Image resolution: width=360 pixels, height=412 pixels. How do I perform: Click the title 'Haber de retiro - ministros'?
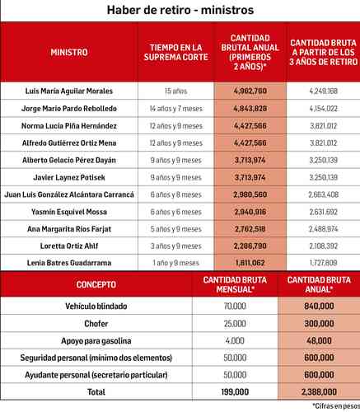point(180,11)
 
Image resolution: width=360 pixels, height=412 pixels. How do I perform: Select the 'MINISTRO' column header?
point(69,52)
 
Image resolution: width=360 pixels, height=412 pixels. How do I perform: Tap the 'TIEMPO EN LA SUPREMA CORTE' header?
point(172,52)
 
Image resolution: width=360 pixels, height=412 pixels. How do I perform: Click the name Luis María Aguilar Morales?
point(69,91)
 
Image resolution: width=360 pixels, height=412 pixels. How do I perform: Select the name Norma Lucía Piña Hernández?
point(69,125)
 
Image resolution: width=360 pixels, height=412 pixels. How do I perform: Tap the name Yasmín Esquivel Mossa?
point(69,212)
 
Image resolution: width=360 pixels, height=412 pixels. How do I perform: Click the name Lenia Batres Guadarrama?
point(69,264)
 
